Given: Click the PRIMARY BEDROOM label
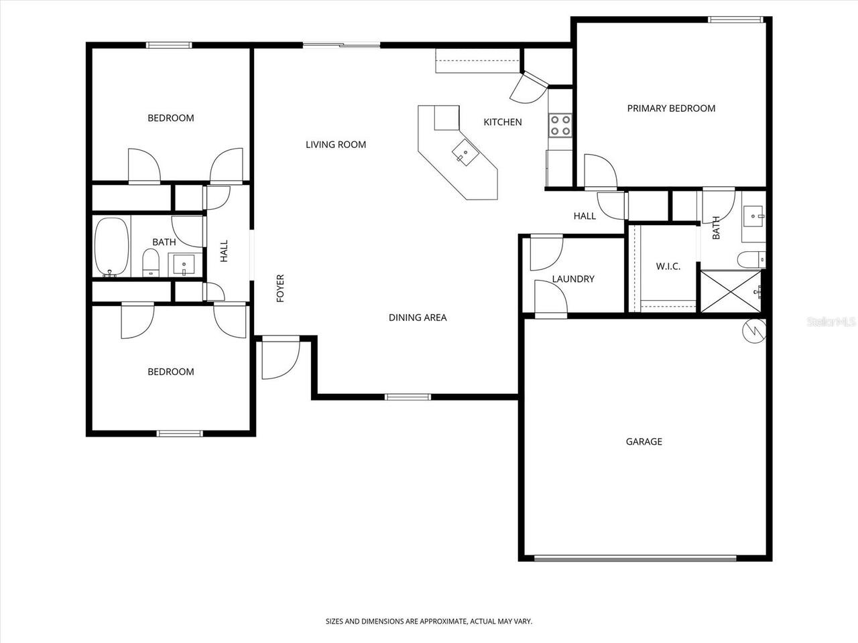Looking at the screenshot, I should [671, 109].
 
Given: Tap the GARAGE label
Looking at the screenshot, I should [643, 441].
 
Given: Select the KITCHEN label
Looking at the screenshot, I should [503, 122].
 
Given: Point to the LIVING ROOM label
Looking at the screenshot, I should [336, 145].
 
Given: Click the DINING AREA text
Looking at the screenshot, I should [418, 317].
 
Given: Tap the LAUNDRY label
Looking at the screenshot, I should [573, 279].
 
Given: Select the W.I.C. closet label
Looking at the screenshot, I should [668, 267].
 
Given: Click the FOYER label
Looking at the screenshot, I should [280, 288].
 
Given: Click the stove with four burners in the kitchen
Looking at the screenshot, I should [560, 125].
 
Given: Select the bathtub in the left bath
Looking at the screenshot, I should [111, 246].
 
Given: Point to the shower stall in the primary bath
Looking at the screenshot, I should [731, 291].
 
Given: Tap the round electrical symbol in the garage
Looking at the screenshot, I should [754, 330].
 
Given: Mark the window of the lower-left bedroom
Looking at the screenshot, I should [179, 433].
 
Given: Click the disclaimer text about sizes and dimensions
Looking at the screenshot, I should [429, 622].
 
